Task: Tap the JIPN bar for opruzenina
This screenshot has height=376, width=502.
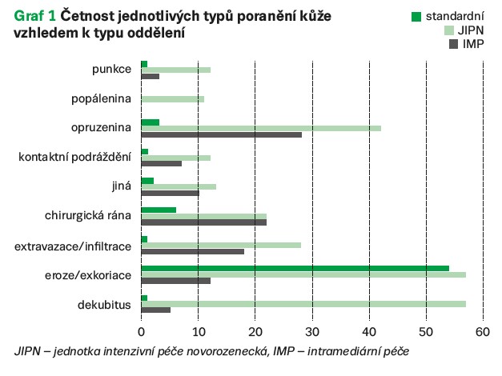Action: click(260, 128)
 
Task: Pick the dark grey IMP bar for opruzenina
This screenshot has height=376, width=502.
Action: click(221, 134)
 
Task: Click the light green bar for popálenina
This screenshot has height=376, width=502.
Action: click(172, 98)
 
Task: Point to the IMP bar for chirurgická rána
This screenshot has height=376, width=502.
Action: click(203, 222)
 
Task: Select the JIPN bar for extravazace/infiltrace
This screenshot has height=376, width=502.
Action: click(221, 245)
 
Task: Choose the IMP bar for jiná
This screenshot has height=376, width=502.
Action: click(170, 193)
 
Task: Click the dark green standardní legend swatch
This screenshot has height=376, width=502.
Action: click(416, 17)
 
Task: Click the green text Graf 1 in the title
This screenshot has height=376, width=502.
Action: click(29, 17)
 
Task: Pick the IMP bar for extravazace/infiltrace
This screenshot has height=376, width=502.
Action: click(192, 251)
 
